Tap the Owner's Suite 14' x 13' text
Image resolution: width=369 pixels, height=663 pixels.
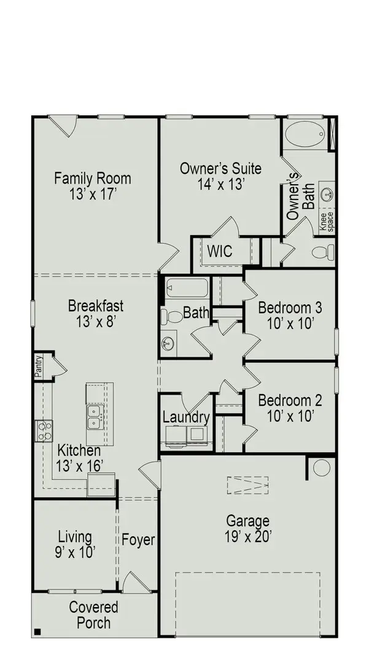point(220,176)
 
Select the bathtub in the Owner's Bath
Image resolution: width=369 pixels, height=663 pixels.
point(306,134)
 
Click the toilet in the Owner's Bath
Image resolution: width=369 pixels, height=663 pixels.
point(324,252)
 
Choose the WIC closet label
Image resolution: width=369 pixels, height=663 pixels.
point(219,251)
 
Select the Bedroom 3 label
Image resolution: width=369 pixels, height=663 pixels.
point(290,314)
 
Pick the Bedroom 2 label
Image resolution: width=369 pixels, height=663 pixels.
point(290,408)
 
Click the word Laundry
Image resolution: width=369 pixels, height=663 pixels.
point(186,417)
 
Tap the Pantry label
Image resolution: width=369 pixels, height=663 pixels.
point(38,366)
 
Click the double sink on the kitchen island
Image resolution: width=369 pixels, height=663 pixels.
point(95,417)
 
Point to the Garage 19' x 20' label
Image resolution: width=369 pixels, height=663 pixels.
point(247,528)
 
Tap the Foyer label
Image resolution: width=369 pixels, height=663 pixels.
point(138,541)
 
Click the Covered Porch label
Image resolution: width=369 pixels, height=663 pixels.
point(93,615)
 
